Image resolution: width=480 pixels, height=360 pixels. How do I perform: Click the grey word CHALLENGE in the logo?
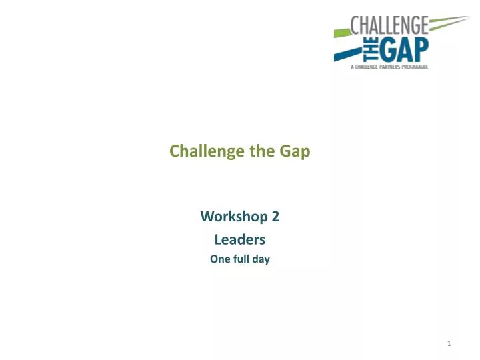tap(391, 27)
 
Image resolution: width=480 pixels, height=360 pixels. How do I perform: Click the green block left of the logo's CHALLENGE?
tap(341, 30)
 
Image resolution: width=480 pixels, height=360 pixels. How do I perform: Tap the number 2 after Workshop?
tap(275, 217)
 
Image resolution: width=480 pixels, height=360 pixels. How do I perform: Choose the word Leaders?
tap(239, 239)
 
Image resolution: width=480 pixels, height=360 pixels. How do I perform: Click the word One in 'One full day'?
tap(219, 259)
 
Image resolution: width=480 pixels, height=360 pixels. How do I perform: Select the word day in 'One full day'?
tap(261, 259)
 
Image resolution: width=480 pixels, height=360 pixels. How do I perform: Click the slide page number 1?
tap(449, 344)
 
